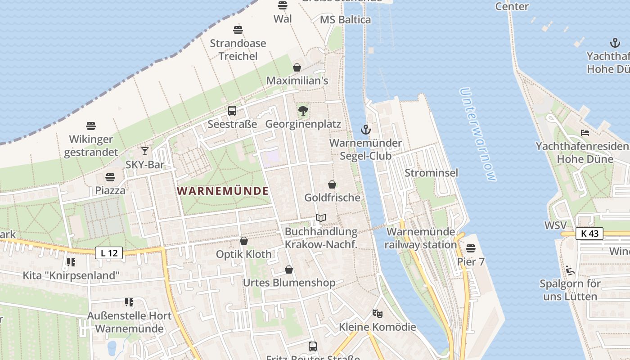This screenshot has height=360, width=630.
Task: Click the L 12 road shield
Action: pyautogui.click(x=109, y=253)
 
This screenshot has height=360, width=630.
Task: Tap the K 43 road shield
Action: pyautogui.click(x=589, y=233)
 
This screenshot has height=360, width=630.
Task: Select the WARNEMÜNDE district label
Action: pyautogui.click(x=223, y=191)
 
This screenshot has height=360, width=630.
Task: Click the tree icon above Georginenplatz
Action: pyautogui.click(x=303, y=110)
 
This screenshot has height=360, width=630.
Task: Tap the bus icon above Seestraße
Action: pyautogui.click(x=232, y=110)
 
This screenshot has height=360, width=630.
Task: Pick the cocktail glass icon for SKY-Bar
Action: pyautogui.click(x=145, y=151)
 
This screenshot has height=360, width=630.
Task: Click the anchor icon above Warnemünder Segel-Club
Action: pyautogui.click(x=365, y=130)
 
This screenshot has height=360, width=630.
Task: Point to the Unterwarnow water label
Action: pyautogui.click(x=478, y=134)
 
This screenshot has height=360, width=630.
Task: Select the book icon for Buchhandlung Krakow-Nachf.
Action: pyautogui.click(x=320, y=218)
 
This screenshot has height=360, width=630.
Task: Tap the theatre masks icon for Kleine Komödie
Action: pyautogui.click(x=377, y=313)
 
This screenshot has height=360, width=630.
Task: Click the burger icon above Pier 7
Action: pyautogui.click(x=471, y=248)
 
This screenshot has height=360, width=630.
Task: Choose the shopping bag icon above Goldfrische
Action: pyautogui.click(x=332, y=184)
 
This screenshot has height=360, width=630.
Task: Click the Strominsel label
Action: pyautogui.click(x=431, y=173)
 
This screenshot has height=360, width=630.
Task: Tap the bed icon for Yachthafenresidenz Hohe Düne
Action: pyautogui.click(x=585, y=133)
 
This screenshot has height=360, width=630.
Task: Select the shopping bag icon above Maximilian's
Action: pyautogui.click(x=297, y=67)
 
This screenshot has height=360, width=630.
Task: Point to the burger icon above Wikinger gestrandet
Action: pyautogui.click(x=91, y=126)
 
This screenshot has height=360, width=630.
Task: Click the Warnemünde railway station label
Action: pyautogui.click(x=421, y=238)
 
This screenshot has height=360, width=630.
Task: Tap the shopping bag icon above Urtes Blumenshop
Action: pyautogui.click(x=289, y=270)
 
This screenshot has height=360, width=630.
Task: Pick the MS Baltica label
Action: pyautogui.click(x=345, y=20)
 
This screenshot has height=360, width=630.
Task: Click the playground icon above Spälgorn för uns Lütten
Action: pyautogui.click(x=570, y=270)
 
